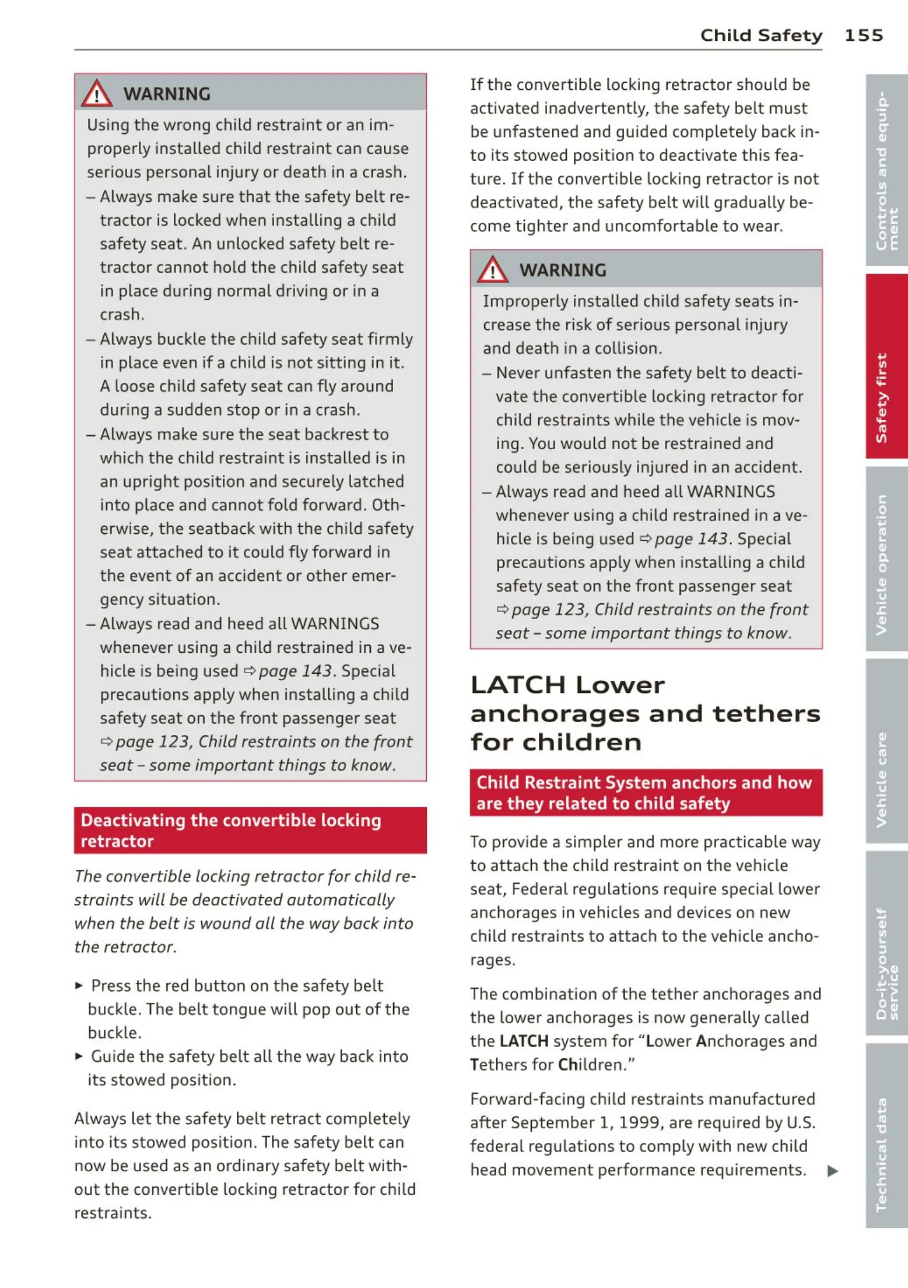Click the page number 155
863,36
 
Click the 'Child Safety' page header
760,36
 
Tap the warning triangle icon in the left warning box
96,94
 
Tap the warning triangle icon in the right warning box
492,270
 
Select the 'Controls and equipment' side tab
886,170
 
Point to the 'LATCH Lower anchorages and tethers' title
644,713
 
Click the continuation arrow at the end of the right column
833,1170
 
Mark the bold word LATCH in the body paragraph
524,1041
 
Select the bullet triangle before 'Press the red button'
79,986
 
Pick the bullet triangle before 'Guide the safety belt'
79,1056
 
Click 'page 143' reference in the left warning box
295,671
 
